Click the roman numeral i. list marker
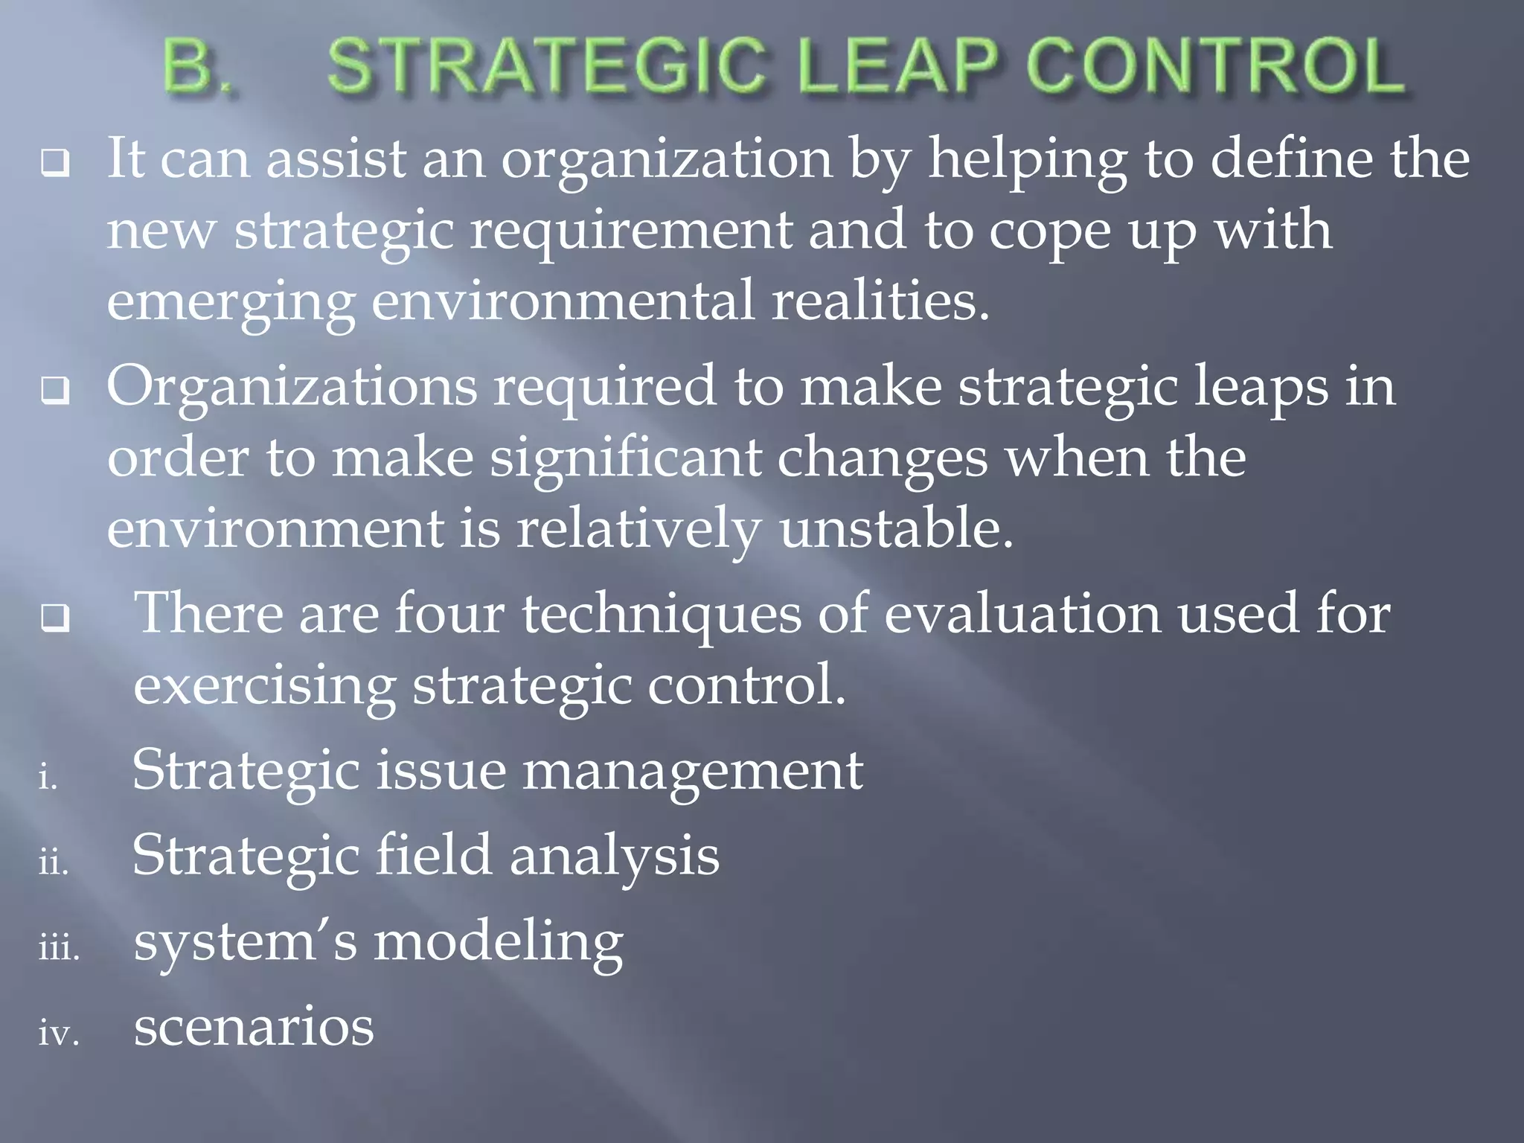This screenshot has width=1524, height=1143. [x=48, y=778]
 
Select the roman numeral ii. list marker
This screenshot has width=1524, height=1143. [x=54, y=862]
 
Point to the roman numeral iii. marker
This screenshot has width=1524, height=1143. [x=59, y=948]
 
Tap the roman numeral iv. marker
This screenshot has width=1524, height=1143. [x=59, y=1033]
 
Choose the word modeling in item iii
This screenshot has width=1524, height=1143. [x=498, y=943]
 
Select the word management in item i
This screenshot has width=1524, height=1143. [x=692, y=771]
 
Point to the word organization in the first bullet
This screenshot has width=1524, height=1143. [x=666, y=161]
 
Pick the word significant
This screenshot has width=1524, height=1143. [x=625, y=458]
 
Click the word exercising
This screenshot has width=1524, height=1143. [x=264, y=686]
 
